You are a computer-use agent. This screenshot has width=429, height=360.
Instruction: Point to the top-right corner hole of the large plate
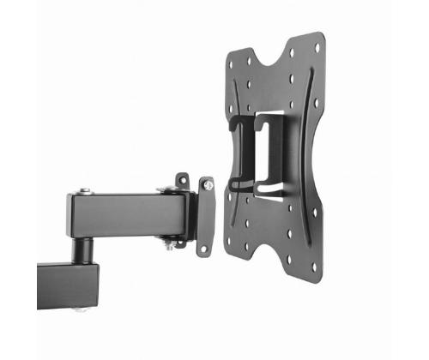click(x=316, y=47)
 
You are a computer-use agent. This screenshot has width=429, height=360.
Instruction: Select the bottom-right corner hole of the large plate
click(x=314, y=267)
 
